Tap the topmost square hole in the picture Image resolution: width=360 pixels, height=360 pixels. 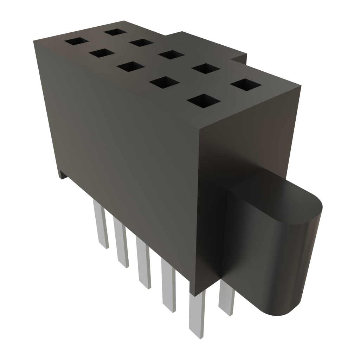coord(115,32)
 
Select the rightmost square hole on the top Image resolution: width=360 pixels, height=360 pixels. coord(246,84)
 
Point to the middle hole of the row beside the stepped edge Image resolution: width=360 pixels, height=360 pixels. coord(171,54)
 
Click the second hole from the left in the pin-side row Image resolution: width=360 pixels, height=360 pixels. coord(102,53)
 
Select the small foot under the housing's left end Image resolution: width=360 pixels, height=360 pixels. coord(62,175)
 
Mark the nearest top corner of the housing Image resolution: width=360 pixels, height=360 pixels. coord(199,128)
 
